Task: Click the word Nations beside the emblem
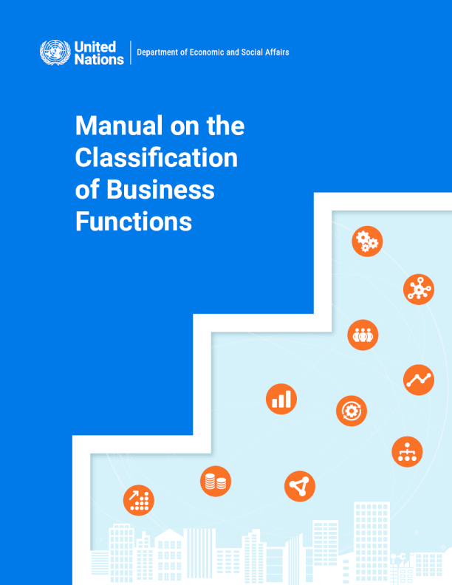(x=99, y=59)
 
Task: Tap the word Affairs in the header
(x=274, y=52)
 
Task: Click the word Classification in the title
(x=157, y=158)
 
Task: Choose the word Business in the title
(x=160, y=190)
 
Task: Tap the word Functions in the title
(x=134, y=222)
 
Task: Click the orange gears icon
(x=367, y=241)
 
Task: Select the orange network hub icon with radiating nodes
(x=419, y=289)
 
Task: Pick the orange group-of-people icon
(x=363, y=335)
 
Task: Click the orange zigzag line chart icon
(x=419, y=380)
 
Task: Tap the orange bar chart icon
(x=281, y=399)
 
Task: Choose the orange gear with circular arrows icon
(x=352, y=411)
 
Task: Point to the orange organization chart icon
(x=407, y=451)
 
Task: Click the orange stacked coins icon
(x=216, y=482)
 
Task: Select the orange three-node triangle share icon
(x=300, y=486)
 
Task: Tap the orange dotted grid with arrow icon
(x=139, y=500)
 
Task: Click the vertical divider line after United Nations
(x=131, y=52)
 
